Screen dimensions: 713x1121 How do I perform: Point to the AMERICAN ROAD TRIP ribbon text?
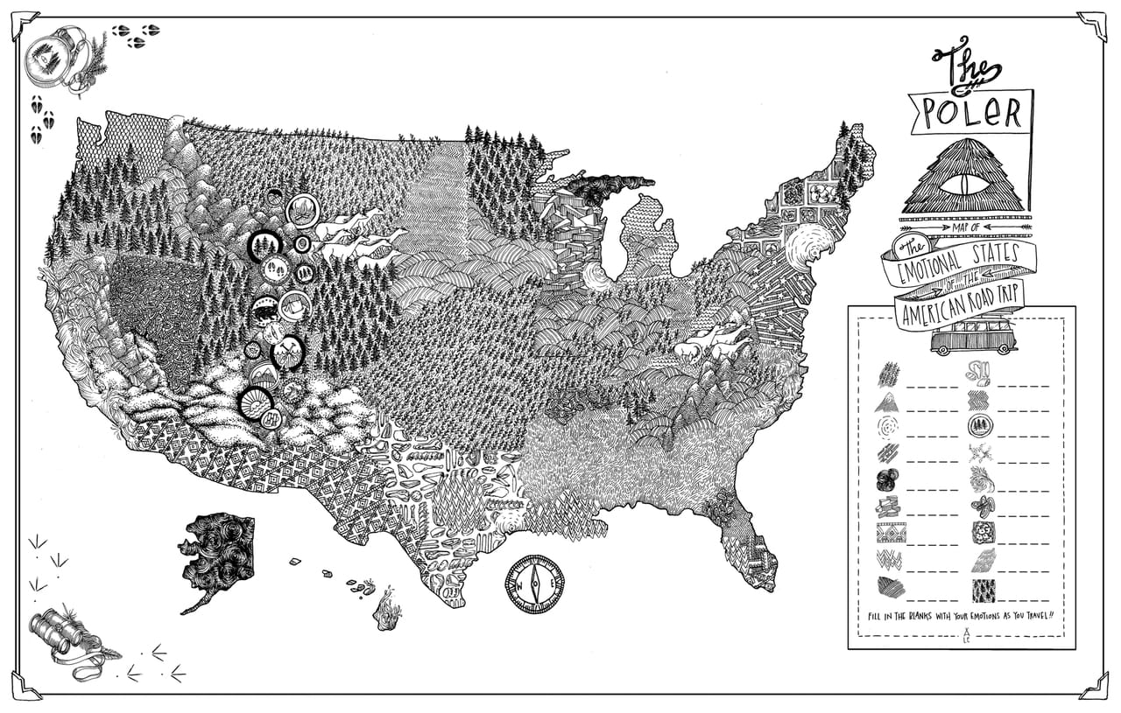959,311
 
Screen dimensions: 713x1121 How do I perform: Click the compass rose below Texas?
534,584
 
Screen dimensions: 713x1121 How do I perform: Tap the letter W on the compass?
518,584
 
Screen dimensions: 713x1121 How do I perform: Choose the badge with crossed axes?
286,353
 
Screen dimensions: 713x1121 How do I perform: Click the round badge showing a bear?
265,309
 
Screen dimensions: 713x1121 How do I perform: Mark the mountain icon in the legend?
888,402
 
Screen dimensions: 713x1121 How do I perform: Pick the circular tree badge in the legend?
981,426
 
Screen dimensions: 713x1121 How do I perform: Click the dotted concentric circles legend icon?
888,427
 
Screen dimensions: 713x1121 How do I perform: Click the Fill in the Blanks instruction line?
961,616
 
